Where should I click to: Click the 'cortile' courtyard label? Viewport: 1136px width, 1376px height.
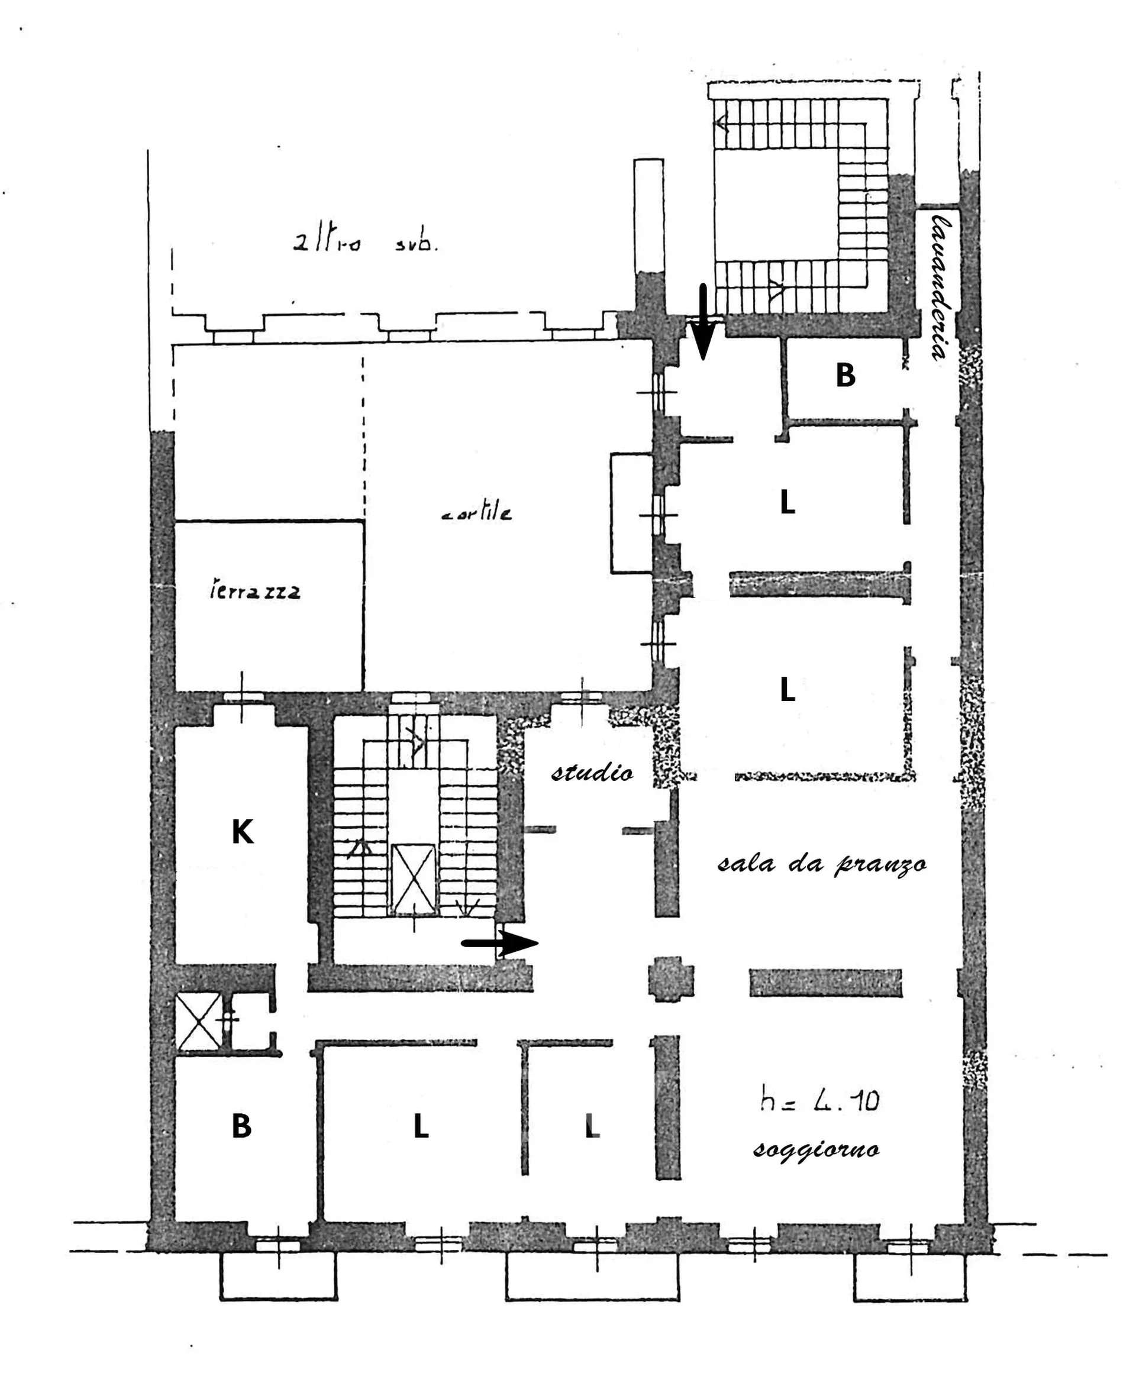pos(477,513)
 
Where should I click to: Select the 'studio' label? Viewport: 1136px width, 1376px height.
pos(592,773)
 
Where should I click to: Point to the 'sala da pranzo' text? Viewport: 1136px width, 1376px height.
pos(822,865)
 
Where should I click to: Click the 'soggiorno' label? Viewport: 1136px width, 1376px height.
pos(816,1149)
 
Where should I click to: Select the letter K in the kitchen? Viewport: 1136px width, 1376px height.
pos(242,833)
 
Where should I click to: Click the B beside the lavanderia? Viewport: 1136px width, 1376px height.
pos(845,376)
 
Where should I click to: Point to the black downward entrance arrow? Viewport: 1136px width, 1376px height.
pos(703,322)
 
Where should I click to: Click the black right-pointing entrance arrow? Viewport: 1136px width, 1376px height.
pos(500,943)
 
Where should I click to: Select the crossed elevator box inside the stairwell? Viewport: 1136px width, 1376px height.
pos(413,878)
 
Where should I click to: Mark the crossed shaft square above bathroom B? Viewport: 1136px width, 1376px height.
pos(199,1022)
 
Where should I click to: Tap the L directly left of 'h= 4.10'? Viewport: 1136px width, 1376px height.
pos(592,1127)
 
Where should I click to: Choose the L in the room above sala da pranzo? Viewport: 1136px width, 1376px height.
pos(788,690)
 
